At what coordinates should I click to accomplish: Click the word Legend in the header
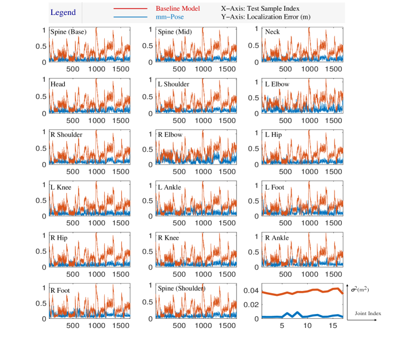pos(63,13)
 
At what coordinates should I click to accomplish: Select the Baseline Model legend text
pos(178,9)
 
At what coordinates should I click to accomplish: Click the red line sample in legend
pos(130,9)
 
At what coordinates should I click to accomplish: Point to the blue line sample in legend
pos(130,17)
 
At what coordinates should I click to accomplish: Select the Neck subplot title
pos(272,32)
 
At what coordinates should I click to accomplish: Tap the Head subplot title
pos(58,84)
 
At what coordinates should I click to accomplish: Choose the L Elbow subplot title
pos(277,84)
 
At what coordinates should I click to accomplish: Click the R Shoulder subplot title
pos(66,135)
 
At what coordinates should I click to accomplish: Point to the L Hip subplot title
pos(274,135)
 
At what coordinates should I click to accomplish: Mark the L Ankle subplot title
pos(169,187)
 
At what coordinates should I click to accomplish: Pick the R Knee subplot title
pos(168,238)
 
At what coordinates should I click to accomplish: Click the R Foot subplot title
pos(60,291)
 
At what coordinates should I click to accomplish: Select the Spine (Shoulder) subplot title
pos(182,288)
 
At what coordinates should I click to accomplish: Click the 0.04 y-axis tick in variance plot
pos(251,291)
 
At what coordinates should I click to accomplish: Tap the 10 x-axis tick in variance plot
pos(307,324)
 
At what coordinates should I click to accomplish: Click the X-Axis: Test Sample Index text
pos(260,9)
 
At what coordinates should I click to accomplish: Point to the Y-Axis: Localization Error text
pos(266,17)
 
